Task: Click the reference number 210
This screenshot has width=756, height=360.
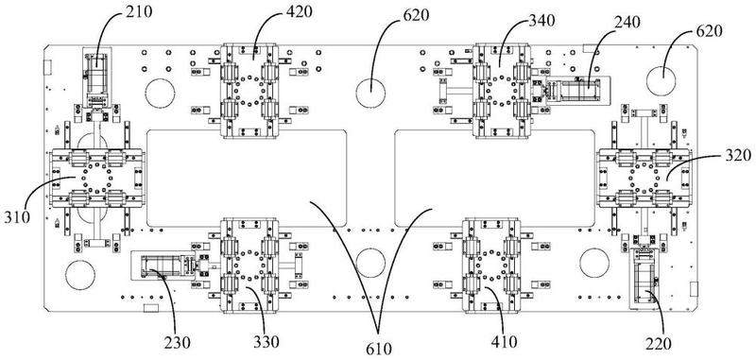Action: click(x=139, y=11)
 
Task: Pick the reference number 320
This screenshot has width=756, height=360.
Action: click(x=737, y=155)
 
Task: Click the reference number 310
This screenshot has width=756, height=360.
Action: click(x=17, y=217)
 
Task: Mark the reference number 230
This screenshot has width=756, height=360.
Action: click(x=178, y=343)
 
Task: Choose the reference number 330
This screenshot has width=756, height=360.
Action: click(x=266, y=342)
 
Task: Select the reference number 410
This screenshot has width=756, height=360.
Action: click(x=504, y=342)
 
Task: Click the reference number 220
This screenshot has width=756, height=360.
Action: click(x=658, y=343)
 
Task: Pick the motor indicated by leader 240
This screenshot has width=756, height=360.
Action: click(x=576, y=90)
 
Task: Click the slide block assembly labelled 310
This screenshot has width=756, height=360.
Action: click(x=96, y=178)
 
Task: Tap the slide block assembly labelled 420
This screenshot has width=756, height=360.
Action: click(x=249, y=91)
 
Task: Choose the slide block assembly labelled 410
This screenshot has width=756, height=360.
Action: click(x=490, y=266)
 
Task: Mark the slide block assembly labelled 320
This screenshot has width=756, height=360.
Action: click(x=644, y=178)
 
